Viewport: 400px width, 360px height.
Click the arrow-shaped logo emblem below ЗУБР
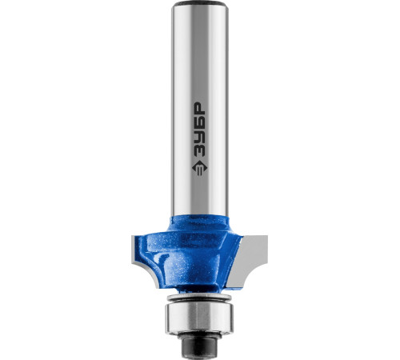coord(199,168)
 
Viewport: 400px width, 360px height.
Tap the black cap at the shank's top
coord(200,3)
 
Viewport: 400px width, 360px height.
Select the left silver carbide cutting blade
coord(137,250)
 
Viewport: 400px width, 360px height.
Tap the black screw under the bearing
coord(199,344)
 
